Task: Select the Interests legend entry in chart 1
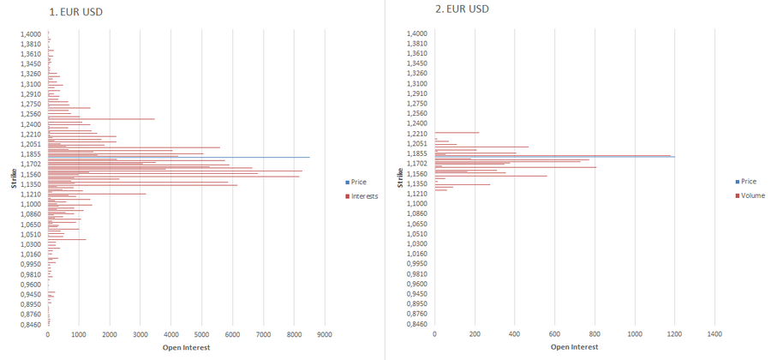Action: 364,195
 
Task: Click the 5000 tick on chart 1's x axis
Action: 201,334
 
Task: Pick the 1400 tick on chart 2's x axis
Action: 714,334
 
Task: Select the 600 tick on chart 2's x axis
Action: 554,334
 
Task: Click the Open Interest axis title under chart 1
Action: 186,347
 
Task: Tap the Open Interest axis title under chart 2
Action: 574,347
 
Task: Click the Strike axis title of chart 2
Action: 401,178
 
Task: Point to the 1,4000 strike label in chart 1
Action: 31,33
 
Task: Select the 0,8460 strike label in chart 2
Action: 417,324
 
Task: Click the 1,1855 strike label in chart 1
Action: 31,153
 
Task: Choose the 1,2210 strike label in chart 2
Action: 417,134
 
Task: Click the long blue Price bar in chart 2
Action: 557,156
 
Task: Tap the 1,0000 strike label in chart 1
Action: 31,204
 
